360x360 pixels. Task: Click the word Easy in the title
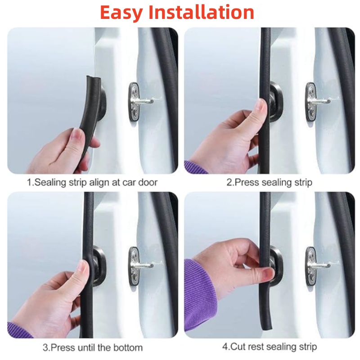click(x=121, y=13)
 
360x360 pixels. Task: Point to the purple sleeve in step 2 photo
click(x=195, y=167)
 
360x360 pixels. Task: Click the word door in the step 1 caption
click(x=148, y=183)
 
